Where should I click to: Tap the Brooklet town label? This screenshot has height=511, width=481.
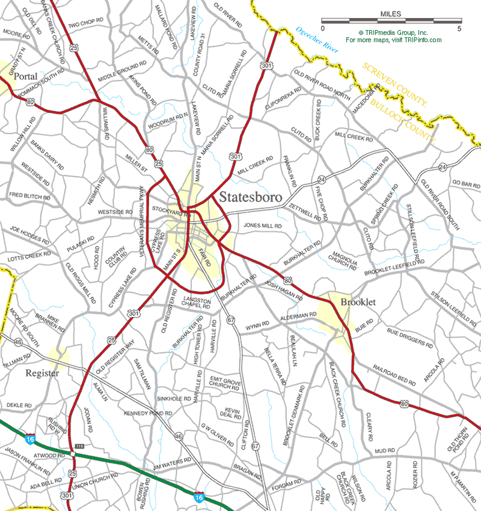[x=358, y=302]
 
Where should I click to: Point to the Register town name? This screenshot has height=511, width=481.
[x=42, y=373]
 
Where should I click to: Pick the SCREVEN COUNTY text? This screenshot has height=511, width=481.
[x=393, y=83]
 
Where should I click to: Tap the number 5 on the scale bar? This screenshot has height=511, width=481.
[x=459, y=28]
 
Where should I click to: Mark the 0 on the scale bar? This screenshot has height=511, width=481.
[x=322, y=28]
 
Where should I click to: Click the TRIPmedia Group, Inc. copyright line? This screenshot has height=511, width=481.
[x=393, y=32]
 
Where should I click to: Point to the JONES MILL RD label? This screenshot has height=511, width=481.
[x=262, y=225]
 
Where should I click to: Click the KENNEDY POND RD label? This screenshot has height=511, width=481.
[x=148, y=414]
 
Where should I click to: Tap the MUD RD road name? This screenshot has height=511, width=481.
[x=384, y=450]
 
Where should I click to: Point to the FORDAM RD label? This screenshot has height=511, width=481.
[x=286, y=483]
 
